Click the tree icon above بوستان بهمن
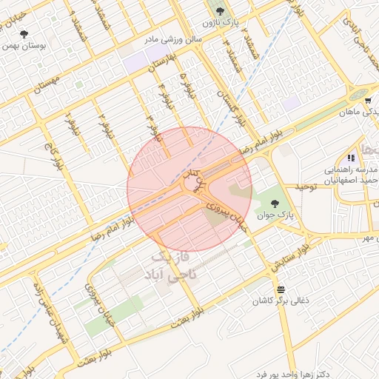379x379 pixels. pyautogui.click(x=24, y=34)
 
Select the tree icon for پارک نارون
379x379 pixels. pyautogui.click(x=218, y=10)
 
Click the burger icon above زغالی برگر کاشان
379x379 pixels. pyautogui.click(x=280, y=289)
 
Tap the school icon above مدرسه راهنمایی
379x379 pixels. pyautogui.click(x=350, y=158)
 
